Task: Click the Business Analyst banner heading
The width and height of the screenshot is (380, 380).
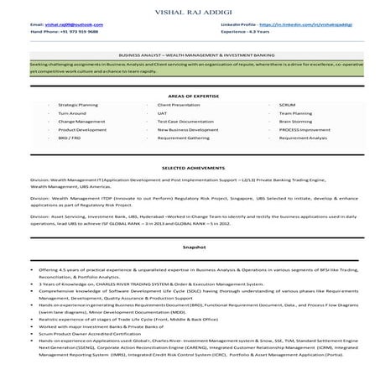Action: click(190, 52)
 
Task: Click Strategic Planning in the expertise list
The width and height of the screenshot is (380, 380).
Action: click(78, 104)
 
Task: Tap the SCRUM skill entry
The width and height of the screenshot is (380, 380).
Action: click(288, 104)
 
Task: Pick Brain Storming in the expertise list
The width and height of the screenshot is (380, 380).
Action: click(295, 122)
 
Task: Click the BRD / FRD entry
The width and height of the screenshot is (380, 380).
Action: click(70, 138)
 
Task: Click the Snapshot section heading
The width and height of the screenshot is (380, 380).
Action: click(190, 249)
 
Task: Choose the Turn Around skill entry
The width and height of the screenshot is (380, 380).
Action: click(72, 112)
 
